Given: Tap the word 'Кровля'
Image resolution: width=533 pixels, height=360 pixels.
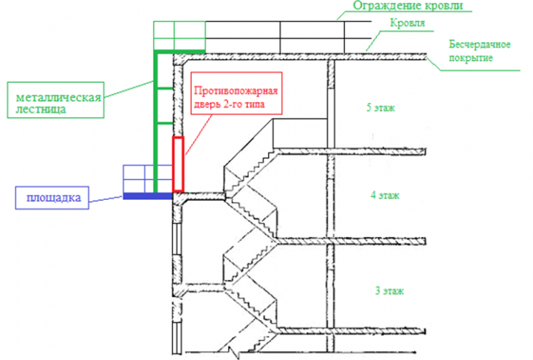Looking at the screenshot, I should [406, 24].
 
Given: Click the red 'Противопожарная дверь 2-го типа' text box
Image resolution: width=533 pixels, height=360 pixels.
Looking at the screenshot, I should [235, 98].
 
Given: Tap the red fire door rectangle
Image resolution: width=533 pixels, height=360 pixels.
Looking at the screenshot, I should [178, 163].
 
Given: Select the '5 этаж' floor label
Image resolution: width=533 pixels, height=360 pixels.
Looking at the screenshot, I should [381, 108].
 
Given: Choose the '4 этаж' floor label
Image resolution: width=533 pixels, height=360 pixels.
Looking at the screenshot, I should [384, 196].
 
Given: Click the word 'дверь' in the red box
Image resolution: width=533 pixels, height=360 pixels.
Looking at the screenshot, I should [209, 106].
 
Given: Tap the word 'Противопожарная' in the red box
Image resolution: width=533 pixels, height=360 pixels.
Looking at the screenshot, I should [235, 91].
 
